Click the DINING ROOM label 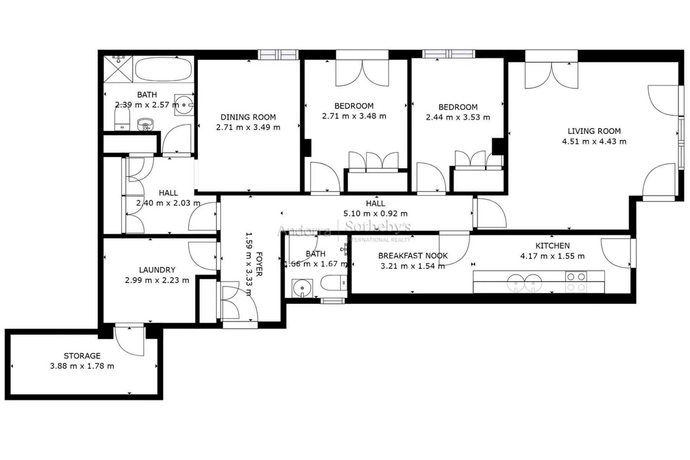pyautogui.click(x=248, y=117)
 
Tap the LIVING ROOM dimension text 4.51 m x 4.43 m pyautogui.click(x=594, y=141)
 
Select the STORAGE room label pyautogui.click(x=82, y=356)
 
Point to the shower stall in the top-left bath pyautogui.click(x=118, y=69)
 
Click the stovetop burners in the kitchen pyautogui.click(x=576, y=282)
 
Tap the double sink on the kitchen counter pyautogui.click(x=524, y=283)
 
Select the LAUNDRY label pyautogui.click(x=157, y=270)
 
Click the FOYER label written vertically pyautogui.click(x=259, y=264)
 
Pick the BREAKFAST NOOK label pyautogui.click(x=413, y=256)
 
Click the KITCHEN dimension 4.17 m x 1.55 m pyautogui.click(x=552, y=256)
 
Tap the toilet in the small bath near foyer pyautogui.click(x=333, y=283)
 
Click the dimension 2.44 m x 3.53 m pyautogui.click(x=458, y=117)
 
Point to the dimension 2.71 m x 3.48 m pyautogui.click(x=354, y=116)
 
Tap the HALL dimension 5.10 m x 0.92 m pyautogui.click(x=375, y=214)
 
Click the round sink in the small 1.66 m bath pyautogui.click(x=302, y=288)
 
